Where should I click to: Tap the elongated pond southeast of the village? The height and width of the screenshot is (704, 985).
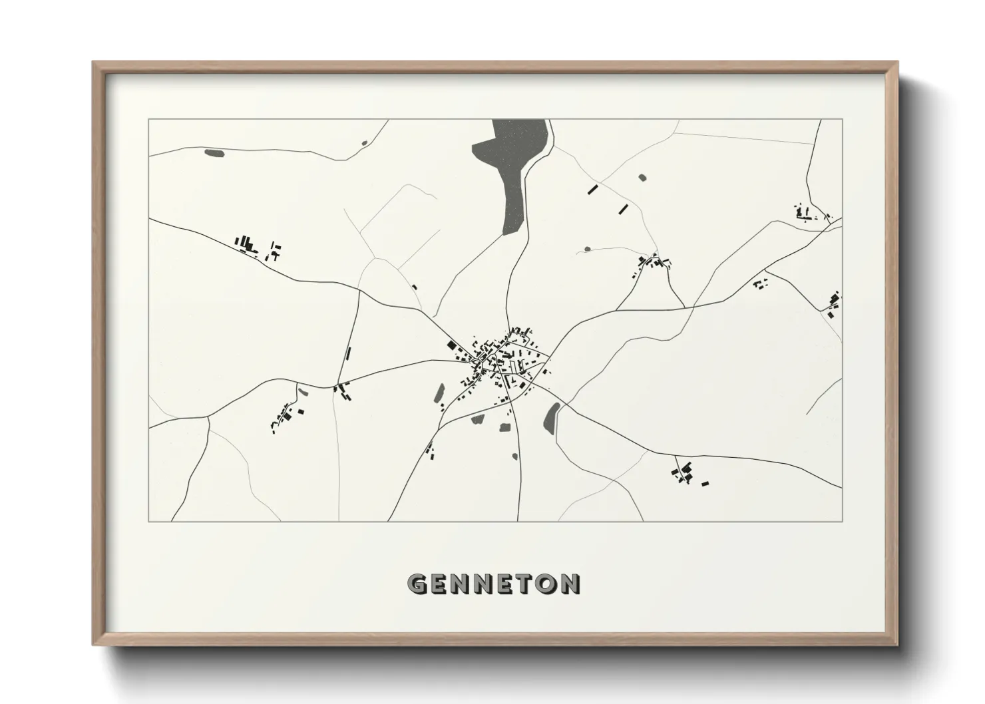coord(551,418)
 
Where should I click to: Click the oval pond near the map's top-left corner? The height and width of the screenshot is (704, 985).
coord(214,153)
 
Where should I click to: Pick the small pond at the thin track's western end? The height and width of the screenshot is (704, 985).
coord(587,250)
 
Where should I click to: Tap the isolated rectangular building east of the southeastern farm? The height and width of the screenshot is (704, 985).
coord(705,483)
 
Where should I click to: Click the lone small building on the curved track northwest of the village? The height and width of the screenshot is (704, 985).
coord(414,287)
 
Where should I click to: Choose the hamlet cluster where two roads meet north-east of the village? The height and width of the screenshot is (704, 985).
coord(652,262)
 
